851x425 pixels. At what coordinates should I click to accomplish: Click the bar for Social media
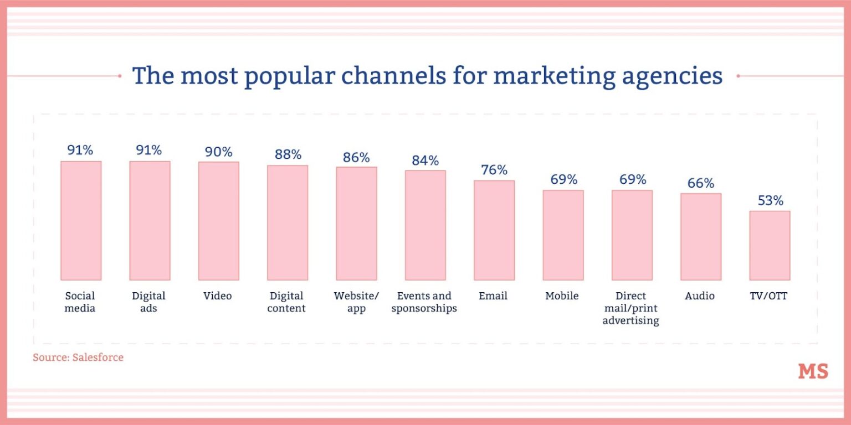coord(81,220)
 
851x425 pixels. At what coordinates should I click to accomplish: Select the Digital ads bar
coord(150,220)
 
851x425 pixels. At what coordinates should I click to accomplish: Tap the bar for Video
coord(218,221)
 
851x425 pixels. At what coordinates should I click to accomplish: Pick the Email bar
coord(494,230)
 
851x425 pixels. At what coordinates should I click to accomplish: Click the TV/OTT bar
coord(770,245)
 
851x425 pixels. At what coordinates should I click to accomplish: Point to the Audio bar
coord(701,236)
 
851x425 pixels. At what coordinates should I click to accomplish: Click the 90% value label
coord(218,152)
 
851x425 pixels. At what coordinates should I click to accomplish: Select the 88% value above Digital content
coord(288,154)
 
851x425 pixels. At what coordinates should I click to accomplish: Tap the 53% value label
coord(770,200)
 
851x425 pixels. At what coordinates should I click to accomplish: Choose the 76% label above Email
coord(494,170)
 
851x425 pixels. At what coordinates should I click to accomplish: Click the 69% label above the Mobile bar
coord(563,179)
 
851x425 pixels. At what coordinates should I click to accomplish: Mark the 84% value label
coord(425,160)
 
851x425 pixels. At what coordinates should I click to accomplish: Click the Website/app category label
coord(356,302)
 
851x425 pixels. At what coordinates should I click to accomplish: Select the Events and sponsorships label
coord(424,302)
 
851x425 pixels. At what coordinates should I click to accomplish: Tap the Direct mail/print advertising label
coord(631,308)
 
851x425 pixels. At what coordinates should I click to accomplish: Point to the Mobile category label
coord(562,296)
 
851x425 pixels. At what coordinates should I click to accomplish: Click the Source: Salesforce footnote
coord(78,357)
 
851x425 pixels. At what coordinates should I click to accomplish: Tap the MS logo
coord(813,371)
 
